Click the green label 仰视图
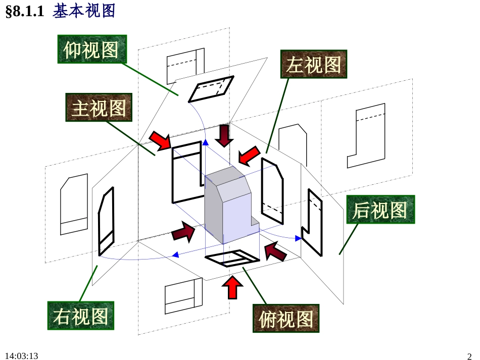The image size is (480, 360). point(91,49)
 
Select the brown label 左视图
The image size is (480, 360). point(313,64)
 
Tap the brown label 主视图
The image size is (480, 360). point(99,108)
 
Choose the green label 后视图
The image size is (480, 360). point(380,210)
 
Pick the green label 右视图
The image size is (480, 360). point(81,316)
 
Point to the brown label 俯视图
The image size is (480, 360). point(286,319)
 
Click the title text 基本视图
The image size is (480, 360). point(84,11)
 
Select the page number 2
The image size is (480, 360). point(469,356)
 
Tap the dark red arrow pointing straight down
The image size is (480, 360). point(224,135)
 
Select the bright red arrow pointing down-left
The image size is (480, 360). point(249,156)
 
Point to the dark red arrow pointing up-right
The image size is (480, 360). point(183,232)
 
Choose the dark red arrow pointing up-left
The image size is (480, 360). point(275,250)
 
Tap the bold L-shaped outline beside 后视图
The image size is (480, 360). point(312,222)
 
